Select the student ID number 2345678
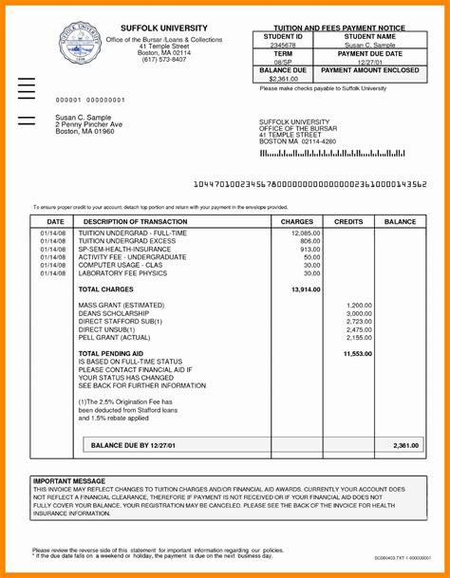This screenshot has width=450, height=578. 283,45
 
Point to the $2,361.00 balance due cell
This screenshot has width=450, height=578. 283,79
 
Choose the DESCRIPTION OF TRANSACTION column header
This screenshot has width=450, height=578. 137,220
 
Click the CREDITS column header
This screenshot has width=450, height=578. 348,220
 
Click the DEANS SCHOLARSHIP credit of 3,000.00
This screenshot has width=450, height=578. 359,313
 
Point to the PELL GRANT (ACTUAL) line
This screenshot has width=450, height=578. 114,338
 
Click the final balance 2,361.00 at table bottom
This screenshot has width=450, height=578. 404,444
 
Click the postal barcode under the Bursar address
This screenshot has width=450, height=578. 331,152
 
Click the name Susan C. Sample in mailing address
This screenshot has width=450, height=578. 84,117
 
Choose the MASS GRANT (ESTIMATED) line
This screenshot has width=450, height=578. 120,305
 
